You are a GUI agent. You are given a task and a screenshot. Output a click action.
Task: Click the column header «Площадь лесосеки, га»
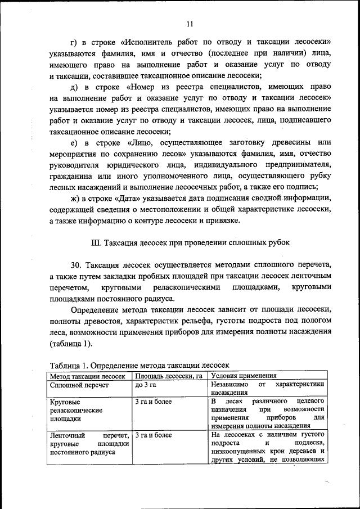[168, 375]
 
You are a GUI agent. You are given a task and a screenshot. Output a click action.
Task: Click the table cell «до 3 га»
[145, 385]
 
